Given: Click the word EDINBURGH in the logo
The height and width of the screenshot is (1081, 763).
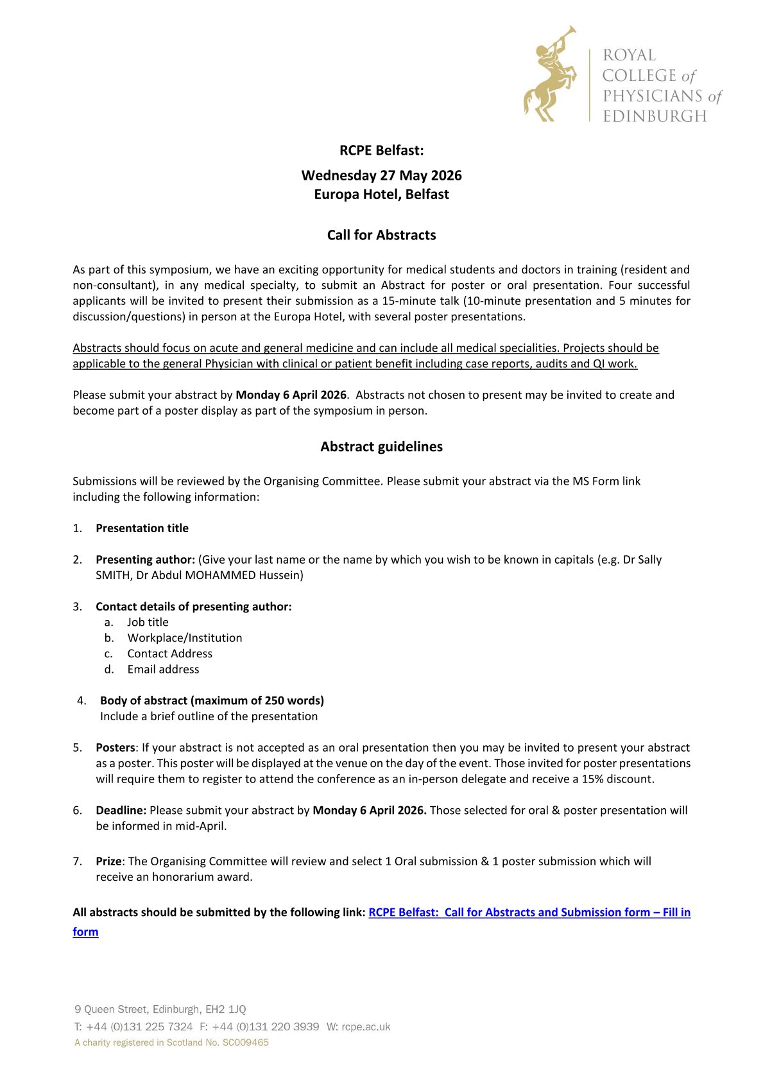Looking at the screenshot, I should coord(655,116).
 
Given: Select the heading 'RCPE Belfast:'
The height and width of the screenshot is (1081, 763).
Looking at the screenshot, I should coord(381,150).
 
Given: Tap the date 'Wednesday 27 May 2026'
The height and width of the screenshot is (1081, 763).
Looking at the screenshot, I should coord(381,175).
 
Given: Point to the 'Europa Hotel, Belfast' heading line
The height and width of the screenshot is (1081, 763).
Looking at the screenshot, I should coord(381,194).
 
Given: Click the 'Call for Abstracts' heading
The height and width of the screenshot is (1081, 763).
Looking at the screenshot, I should coord(381,235).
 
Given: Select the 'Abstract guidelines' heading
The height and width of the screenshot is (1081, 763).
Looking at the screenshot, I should coord(381,446).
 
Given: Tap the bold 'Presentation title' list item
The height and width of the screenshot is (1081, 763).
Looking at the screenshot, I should coord(142,528).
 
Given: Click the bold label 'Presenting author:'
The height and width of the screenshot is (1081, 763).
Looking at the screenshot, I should coord(145,559).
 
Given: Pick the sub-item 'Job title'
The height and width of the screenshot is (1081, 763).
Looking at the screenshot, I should coord(148,621).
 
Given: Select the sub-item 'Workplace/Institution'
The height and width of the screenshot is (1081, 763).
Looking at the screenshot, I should coord(184,637).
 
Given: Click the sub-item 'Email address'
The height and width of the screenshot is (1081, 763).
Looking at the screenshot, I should coord(163,669).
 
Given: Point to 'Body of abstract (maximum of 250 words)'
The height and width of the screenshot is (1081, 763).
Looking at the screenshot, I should coord(212,700).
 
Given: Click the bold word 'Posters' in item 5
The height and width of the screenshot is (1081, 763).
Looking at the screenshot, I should coord(116,747).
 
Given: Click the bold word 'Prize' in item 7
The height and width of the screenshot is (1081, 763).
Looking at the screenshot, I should coord(108,861).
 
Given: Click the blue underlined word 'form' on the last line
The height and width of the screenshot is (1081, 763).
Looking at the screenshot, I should coord(85,931).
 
